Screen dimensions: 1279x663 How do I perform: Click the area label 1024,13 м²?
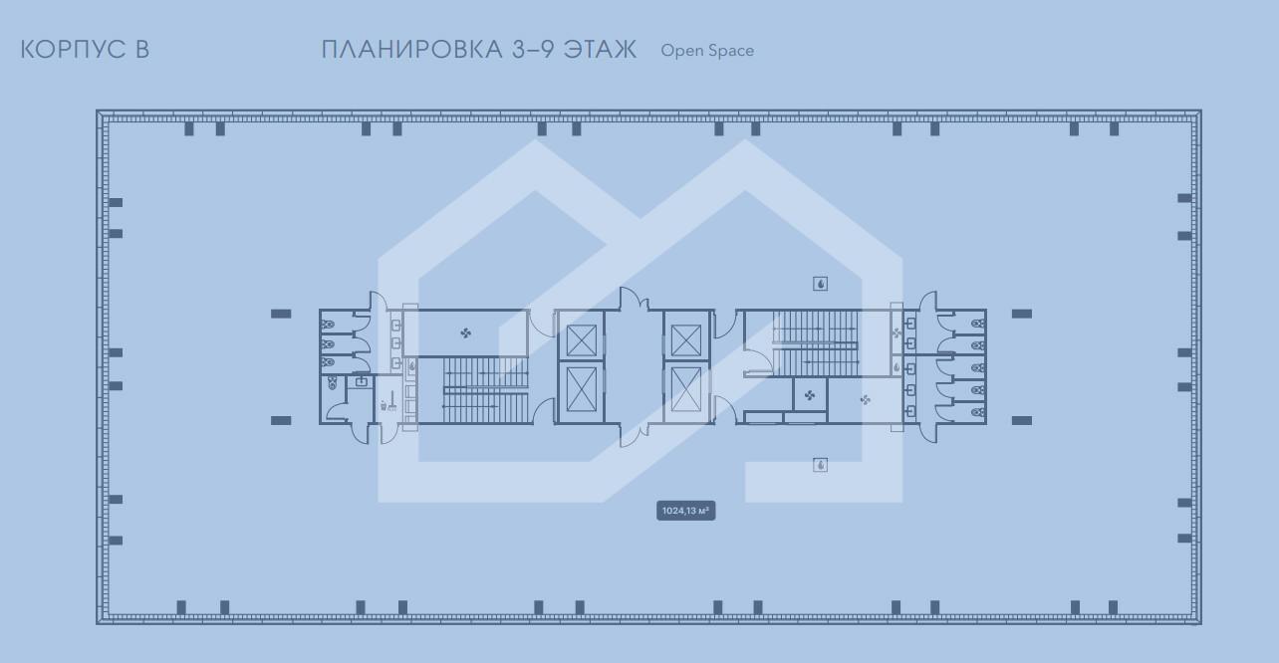(x=685, y=511)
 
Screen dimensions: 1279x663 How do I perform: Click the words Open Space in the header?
(x=707, y=51)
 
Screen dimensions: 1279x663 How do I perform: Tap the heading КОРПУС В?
(x=85, y=49)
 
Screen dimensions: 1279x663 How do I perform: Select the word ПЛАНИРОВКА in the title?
(x=411, y=49)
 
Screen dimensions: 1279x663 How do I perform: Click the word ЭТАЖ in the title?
(x=600, y=49)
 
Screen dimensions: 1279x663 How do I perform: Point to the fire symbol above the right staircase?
(x=821, y=284)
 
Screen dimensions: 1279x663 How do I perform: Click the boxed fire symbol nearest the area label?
(x=821, y=465)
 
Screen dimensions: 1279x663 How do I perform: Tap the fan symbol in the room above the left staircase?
(x=466, y=332)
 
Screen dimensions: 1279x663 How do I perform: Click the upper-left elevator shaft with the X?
(x=582, y=340)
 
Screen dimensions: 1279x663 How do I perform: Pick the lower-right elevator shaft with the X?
(x=685, y=389)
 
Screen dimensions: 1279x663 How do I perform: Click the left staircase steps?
(x=485, y=390)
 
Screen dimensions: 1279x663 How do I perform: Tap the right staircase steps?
(x=816, y=343)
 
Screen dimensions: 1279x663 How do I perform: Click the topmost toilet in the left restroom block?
(x=327, y=325)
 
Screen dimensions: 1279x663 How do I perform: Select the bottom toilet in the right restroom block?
(x=978, y=412)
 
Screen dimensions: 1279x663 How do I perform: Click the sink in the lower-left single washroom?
(x=361, y=381)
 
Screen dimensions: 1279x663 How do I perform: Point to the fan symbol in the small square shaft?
(x=810, y=395)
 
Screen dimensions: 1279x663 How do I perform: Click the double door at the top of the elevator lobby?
(x=634, y=299)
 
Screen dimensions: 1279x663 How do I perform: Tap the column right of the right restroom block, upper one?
(x=1022, y=314)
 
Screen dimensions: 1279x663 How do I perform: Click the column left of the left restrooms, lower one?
(x=281, y=420)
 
